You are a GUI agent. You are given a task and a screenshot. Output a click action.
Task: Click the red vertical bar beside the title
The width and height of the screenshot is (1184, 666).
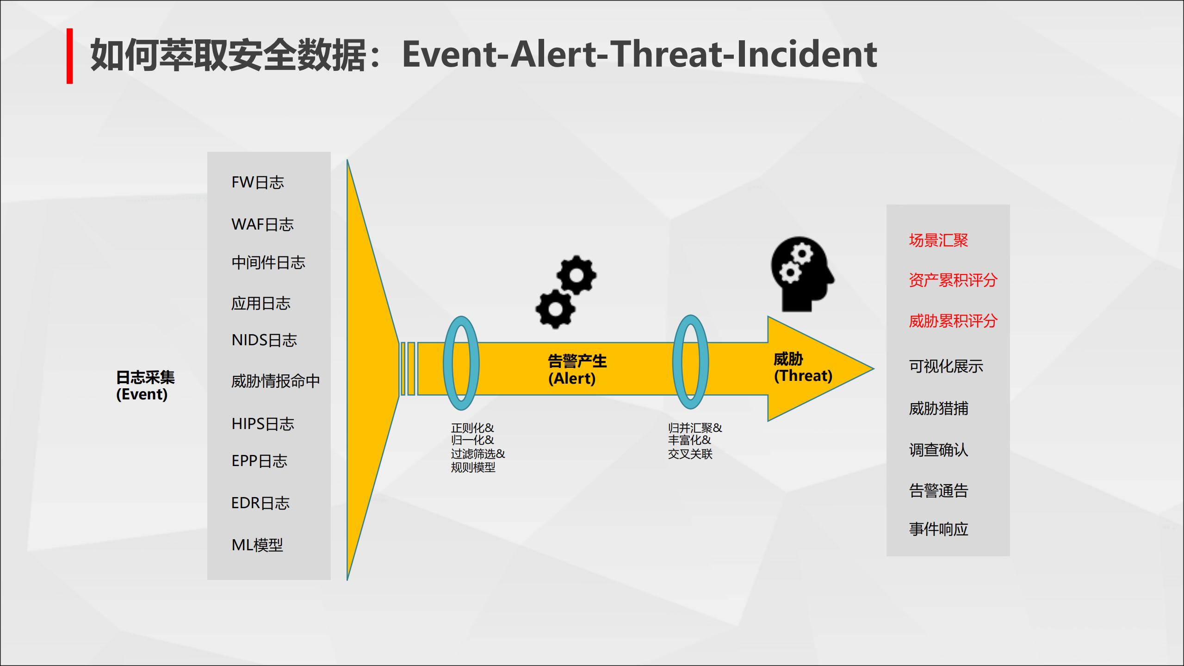point(69,56)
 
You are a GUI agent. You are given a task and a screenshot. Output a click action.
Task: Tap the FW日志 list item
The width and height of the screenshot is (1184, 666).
point(258,182)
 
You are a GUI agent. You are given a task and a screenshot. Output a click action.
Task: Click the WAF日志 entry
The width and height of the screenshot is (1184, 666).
point(262,224)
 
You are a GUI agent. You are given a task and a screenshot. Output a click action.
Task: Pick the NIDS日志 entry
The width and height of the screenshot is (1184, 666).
point(264,340)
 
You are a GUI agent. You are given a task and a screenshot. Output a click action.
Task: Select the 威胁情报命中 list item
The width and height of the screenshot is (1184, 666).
point(275,381)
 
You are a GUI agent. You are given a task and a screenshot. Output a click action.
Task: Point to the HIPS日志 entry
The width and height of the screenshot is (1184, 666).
point(263,423)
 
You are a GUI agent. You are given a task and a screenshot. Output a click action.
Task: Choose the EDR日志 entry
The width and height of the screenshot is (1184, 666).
point(260,503)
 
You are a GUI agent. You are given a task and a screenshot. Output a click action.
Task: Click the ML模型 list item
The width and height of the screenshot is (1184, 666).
point(257,545)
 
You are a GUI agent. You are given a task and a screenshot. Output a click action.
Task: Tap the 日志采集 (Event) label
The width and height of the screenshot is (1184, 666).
point(145,386)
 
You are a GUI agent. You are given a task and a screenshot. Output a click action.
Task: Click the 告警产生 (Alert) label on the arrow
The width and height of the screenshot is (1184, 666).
point(577,369)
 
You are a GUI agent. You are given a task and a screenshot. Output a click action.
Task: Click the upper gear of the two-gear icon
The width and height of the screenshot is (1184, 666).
point(577,275)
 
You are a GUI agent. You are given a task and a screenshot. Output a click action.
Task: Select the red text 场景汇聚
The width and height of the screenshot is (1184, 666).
point(938,240)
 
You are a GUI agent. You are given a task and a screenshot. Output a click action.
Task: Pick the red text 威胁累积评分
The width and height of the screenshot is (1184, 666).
point(953,321)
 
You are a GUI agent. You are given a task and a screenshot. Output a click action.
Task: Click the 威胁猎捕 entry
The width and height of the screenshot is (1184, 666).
point(938,408)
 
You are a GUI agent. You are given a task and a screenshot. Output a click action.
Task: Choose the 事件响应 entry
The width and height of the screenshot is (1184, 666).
point(938,529)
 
